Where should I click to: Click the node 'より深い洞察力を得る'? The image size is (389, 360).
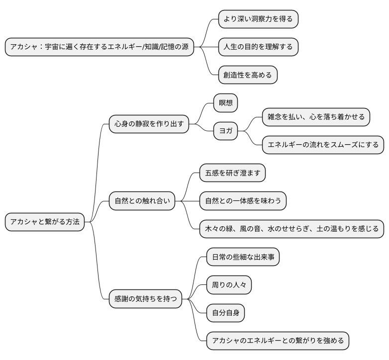point(258,19)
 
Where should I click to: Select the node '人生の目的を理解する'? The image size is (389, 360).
point(258,47)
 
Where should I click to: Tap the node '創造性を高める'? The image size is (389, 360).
point(247,75)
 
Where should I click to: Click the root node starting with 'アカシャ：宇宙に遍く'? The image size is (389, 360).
point(99,47)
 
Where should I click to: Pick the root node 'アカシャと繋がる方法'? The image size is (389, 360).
point(45,222)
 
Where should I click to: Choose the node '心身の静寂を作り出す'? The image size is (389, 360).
point(149,124)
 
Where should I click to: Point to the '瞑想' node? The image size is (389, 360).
point(225,103)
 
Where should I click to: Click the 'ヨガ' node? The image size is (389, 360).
point(225,131)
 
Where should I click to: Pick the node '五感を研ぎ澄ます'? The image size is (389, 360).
point(232,173)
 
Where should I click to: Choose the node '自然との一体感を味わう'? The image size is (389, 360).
point(243,201)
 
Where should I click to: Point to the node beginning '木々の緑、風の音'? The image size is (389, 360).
point(292,229)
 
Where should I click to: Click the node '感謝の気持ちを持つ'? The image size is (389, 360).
point(145,299)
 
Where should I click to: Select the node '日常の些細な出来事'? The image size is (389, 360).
point(243,257)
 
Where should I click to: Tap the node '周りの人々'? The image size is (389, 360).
point(229,285)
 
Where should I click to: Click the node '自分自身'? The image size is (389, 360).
point(225,313)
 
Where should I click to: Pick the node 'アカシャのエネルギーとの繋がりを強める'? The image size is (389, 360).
point(278,341)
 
